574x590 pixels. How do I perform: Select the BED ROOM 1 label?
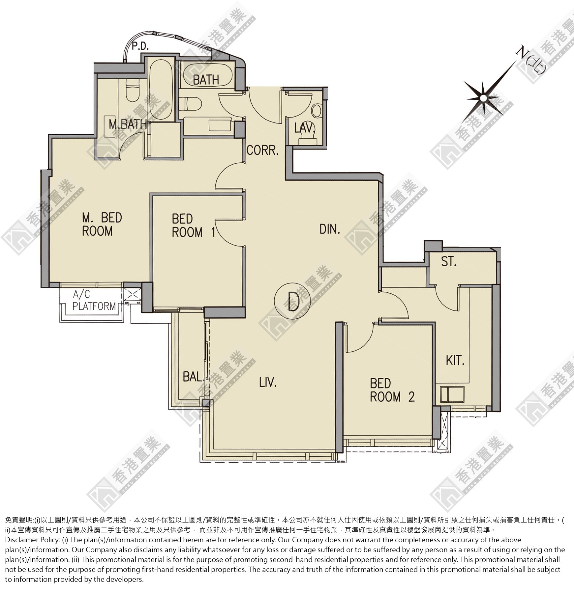(x=193, y=226)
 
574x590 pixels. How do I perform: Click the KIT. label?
(x=455, y=361)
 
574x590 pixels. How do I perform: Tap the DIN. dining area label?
(x=330, y=229)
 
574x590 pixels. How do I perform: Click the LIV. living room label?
(x=268, y=383)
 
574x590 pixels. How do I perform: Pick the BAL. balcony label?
(x=193, y=376)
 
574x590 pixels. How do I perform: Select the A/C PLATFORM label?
(x=94, y=300)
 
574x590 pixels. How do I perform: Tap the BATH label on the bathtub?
(x=206, y=80)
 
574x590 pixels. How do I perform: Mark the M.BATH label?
(x=128, y=124)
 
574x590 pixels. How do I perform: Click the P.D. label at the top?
(x=140, y=46)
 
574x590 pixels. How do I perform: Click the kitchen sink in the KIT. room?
(x=452, y=394)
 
